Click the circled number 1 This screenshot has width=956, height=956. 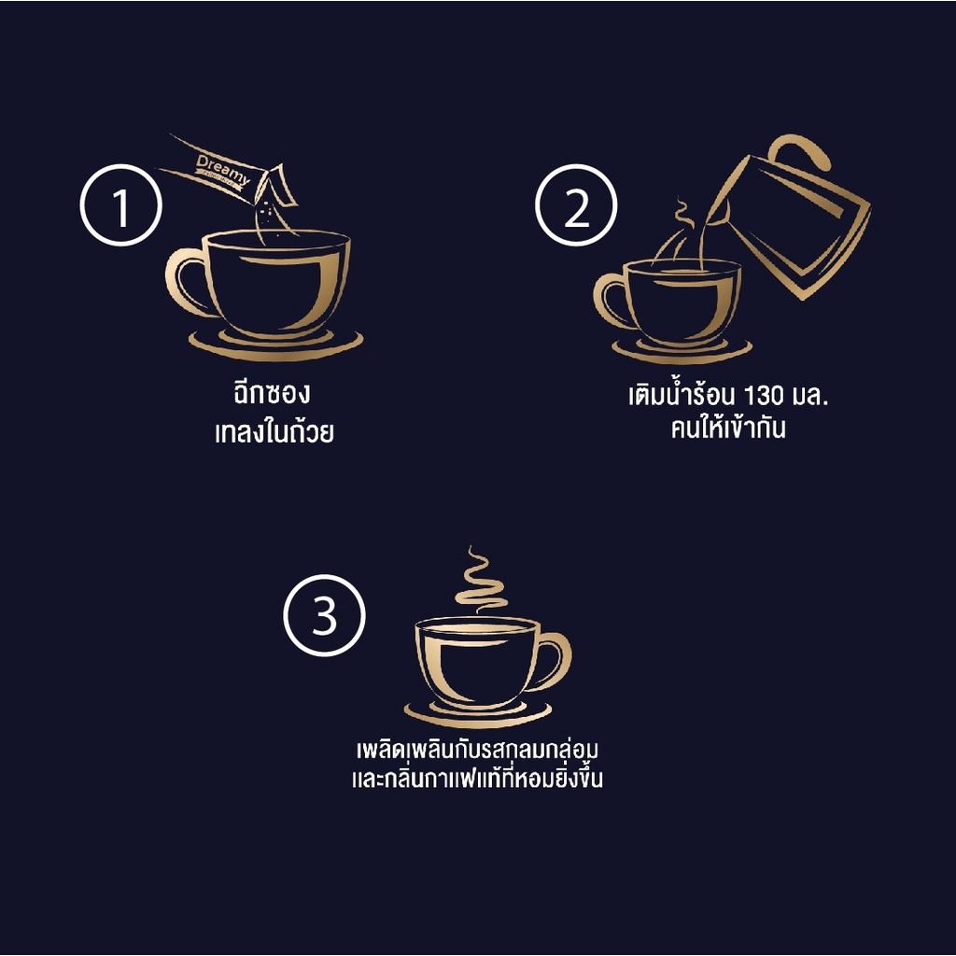pyautogui.click(x=120, y=204)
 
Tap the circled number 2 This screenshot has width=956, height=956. pyautogui.click(x=576, y=204)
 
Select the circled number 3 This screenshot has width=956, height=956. pyautogui.click(x=324, y=615)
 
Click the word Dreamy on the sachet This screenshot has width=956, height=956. pyautogui.click(x=223, y=170)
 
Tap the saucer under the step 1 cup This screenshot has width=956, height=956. pyautogui.click(x=275, y=345)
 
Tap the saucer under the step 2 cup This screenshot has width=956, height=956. pyautogui.click(x=682, y=352)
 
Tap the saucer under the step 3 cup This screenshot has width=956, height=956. pyautogui.click(x=478, y=712)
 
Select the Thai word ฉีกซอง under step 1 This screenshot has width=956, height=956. pyautogui.click(x=272, y=393)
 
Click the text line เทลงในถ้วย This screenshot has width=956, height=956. pyautogui.click(x=274, y=431)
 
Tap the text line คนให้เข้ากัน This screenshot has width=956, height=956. pyautogui.click(x=728, y=428)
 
